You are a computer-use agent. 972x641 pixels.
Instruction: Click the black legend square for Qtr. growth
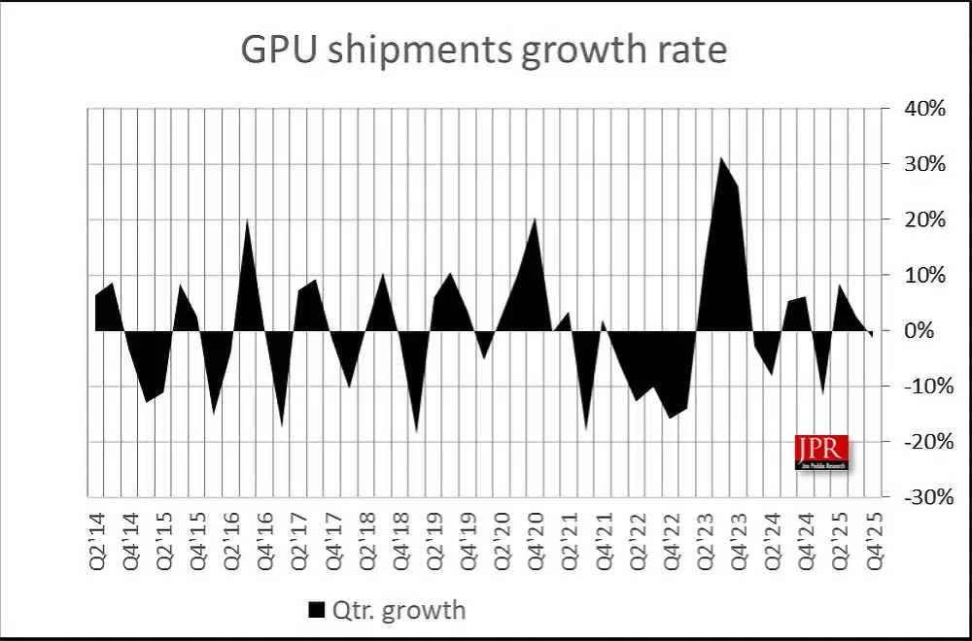316,610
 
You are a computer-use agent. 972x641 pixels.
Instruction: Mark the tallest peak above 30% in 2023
720,157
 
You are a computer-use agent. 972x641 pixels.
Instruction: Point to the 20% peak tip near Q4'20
536,219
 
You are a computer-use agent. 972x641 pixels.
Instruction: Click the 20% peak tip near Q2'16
248,219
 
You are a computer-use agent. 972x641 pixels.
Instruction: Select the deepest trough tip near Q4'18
417,431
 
